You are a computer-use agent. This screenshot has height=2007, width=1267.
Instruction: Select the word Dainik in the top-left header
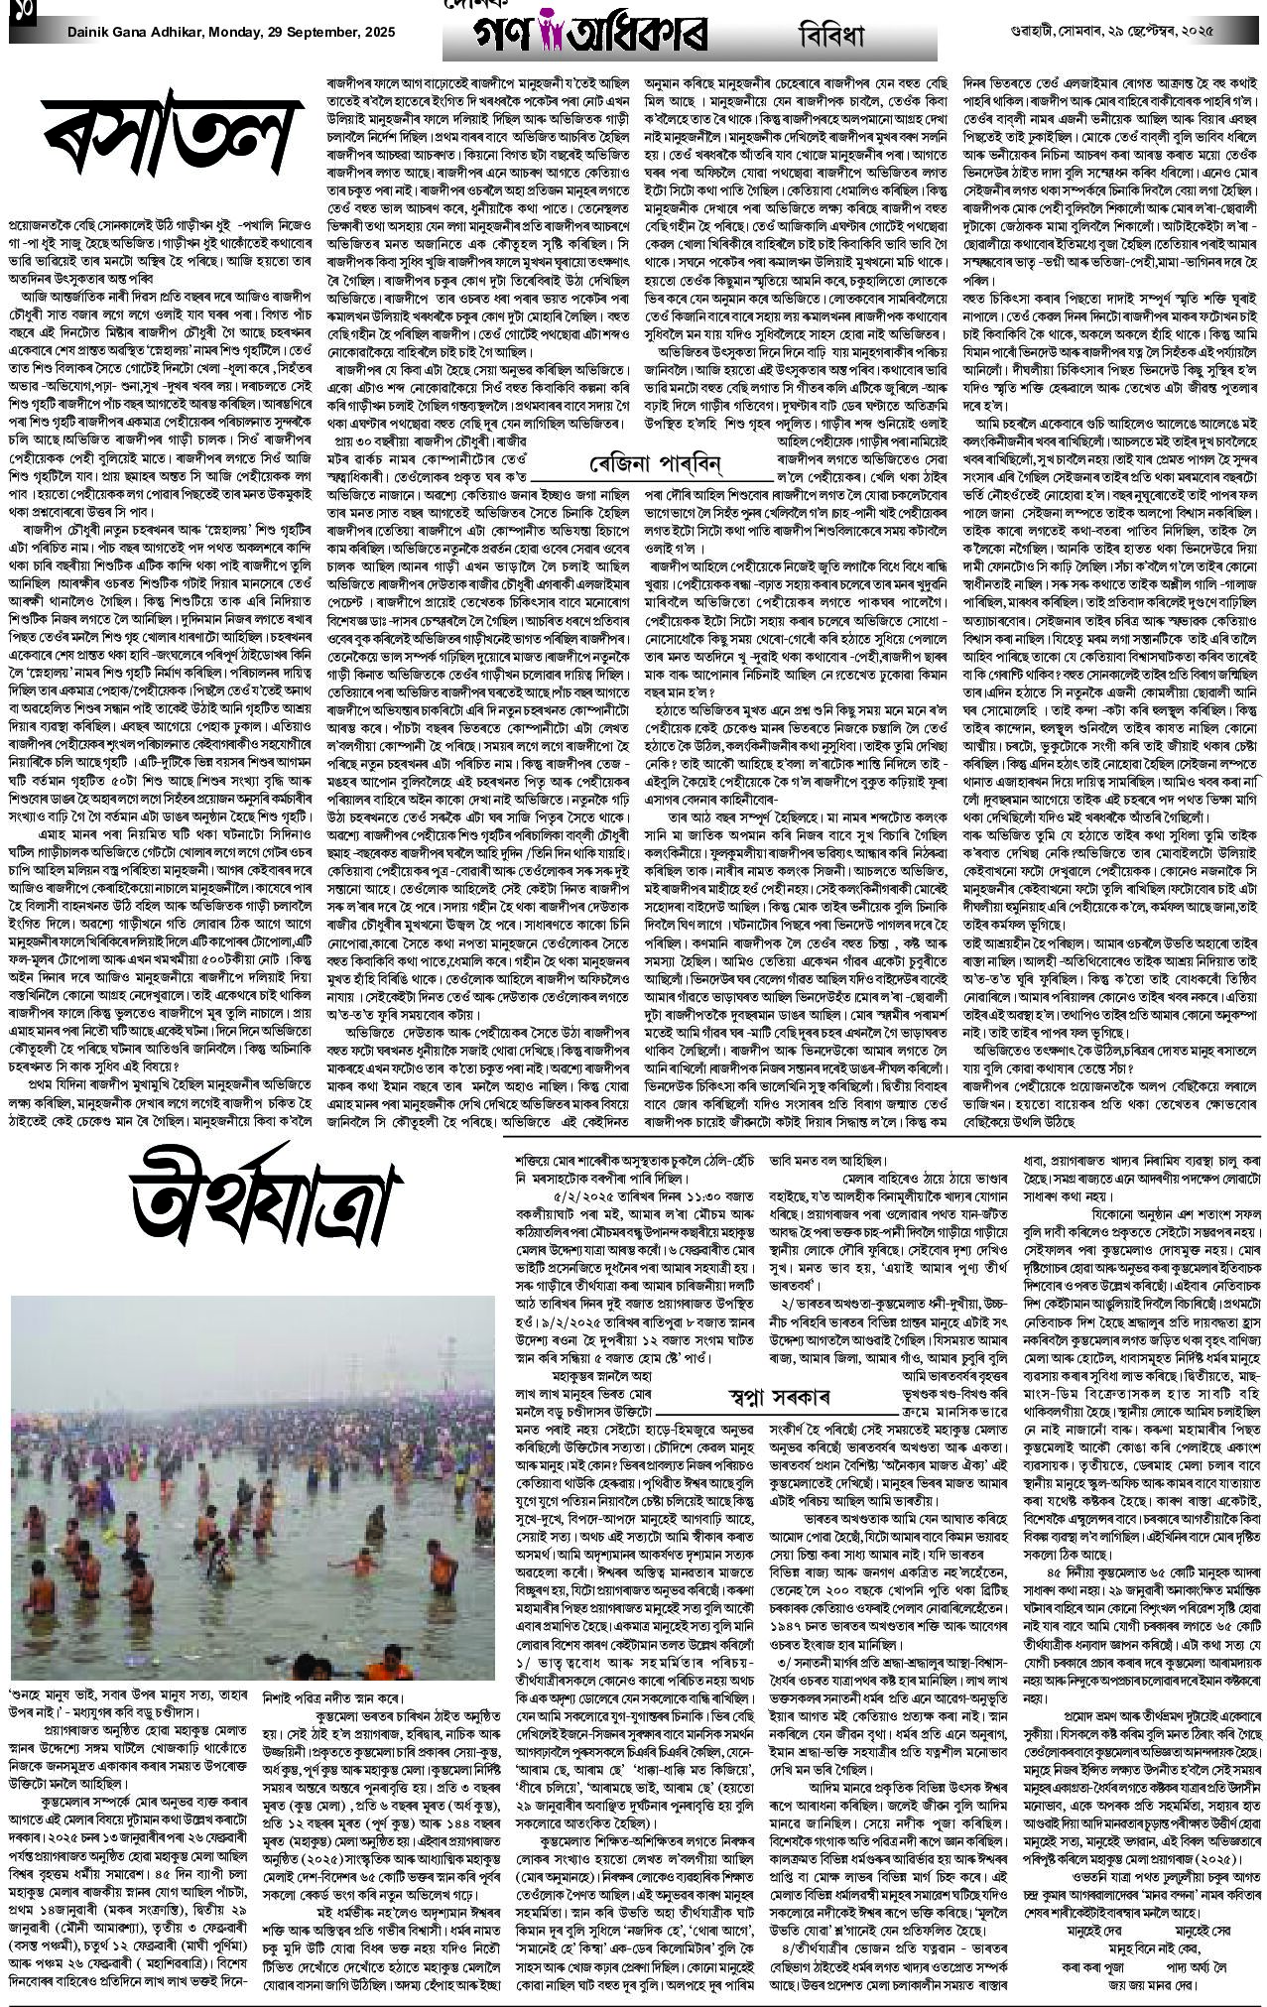click(x=90, y=32)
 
